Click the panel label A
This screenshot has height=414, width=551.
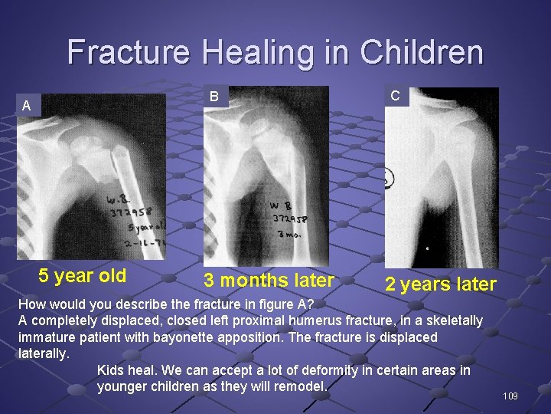pos(27,106)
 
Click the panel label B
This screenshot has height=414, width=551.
pos(215,97)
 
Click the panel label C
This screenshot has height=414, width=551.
pos(395,96)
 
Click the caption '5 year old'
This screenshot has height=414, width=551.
pos(83,276)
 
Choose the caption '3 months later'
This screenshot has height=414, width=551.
pos(269,281)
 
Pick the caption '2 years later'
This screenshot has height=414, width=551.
pos(440,284)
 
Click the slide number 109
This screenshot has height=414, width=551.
pos(510,396)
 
